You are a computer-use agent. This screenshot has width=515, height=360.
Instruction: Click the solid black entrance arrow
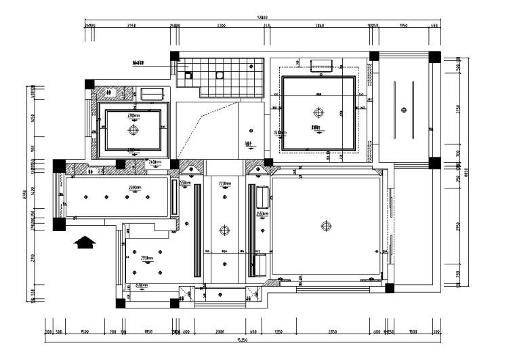tap(85, 242)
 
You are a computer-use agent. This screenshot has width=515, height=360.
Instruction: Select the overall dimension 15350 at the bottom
tap(241, 339)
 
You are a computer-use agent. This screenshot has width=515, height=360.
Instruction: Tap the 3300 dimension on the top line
tap(221, 26)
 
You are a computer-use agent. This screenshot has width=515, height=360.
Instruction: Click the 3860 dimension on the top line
tap(320, 26)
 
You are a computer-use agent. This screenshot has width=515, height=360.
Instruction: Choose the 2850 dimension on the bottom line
tap(333, 332)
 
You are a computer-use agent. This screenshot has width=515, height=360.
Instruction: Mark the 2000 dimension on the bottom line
tap(221, 332)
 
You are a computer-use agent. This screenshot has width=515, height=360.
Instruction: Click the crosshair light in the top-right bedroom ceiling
tap(318, 113)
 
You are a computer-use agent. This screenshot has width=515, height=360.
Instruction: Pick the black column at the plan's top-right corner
tap(432, 57)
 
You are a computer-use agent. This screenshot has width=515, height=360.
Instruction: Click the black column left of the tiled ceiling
tap(174, 57)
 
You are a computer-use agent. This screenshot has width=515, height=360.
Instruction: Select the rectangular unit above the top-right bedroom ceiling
tap(320, 65)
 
